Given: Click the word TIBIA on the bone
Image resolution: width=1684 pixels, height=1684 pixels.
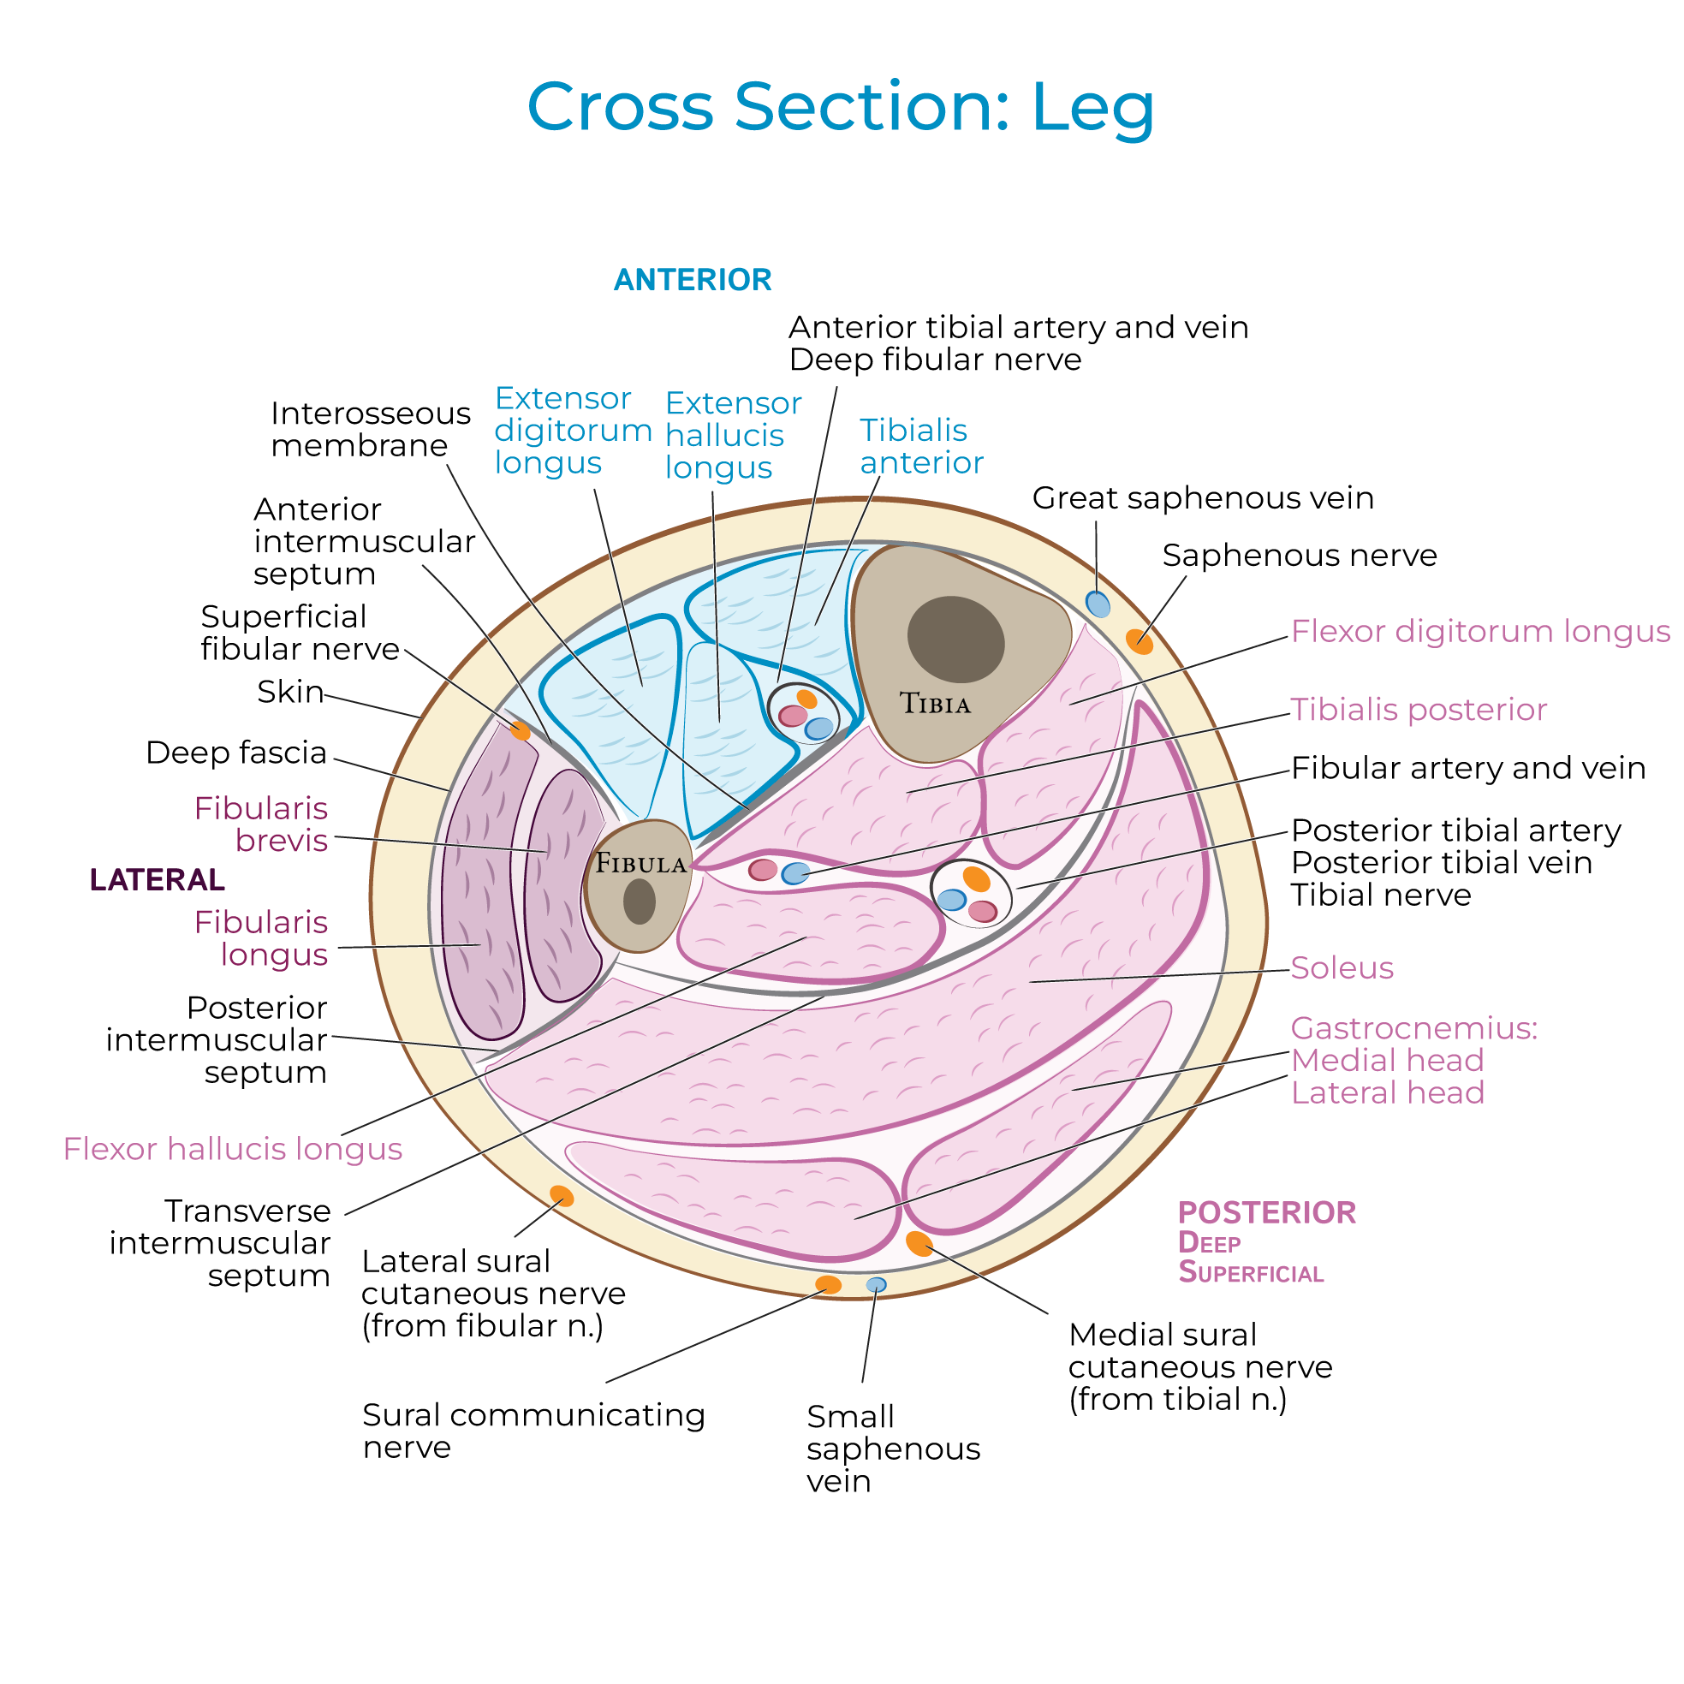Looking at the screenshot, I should [934, 704].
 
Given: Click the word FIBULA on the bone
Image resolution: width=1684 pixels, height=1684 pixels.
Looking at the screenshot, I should [640, 864].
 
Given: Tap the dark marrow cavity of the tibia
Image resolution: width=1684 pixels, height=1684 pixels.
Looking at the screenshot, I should [955, 639].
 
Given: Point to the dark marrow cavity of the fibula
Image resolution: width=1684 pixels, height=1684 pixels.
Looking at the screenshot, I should [640, 902].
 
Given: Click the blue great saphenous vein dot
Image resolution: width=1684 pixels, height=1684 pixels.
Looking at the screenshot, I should [1098, 604].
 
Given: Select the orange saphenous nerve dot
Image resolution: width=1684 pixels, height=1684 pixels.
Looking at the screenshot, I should [1140, 641].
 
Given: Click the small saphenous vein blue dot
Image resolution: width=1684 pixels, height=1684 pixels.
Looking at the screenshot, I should [876, 1285].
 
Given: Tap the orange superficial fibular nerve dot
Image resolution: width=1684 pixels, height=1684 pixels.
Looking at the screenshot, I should [521, 730].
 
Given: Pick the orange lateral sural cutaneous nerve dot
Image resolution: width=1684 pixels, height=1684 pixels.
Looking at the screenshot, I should [562, 1196].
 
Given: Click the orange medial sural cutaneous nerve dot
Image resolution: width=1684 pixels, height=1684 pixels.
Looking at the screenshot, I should [919, 1244].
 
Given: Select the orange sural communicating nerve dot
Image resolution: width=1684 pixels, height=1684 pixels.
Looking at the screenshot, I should [828, 1285].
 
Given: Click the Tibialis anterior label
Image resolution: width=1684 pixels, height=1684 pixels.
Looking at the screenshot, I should [920, 446].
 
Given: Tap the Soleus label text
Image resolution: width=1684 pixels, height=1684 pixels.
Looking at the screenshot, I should [1342, 968].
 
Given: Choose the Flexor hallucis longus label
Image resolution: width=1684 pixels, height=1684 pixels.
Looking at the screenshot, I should [233, 1150].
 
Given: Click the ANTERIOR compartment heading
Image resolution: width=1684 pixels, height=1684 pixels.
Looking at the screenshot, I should [692, 280].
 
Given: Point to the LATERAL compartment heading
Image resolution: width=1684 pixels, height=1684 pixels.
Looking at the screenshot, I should [157, 880].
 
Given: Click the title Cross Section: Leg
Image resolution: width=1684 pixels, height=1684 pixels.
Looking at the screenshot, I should [840, 106].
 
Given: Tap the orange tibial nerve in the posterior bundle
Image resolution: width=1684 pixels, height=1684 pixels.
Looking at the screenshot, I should [976, 878].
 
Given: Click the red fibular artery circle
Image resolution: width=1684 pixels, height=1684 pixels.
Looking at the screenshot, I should [763, 869].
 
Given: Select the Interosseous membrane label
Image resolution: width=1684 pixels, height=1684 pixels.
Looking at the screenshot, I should [370, 430].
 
